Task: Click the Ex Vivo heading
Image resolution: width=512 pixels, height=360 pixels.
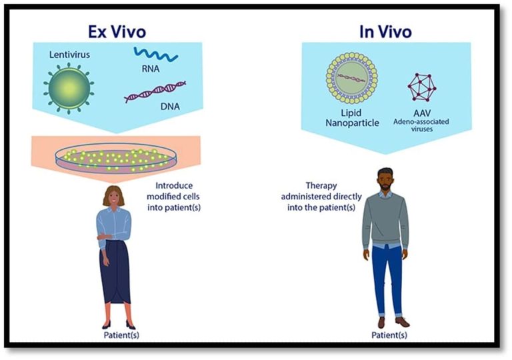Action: (117, 32)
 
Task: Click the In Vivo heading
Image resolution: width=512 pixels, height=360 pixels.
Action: (385, 32)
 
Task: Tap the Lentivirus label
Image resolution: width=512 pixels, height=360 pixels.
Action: (69, 54)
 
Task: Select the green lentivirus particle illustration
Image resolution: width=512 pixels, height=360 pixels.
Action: (69, 88)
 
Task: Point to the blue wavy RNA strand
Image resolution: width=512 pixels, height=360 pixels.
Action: (156, 54)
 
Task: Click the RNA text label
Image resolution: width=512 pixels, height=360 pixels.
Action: (151, 69)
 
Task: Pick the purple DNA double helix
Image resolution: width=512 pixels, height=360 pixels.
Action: (155, 92)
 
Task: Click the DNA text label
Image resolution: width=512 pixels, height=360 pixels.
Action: (170, 106)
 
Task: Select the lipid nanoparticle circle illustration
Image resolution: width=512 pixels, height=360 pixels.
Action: (352, 77)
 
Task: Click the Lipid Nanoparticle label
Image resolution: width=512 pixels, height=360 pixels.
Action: (352, 118)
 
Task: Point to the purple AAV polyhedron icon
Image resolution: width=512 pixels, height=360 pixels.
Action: (421, 87)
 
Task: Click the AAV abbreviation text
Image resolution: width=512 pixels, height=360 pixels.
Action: (422, 113)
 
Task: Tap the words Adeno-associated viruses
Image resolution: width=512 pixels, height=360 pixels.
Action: (421, 125)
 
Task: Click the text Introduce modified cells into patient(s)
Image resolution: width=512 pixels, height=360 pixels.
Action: (174, 197)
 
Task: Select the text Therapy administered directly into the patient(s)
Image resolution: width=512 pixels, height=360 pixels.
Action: (321, 197)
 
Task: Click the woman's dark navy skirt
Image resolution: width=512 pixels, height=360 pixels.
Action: (115, 272)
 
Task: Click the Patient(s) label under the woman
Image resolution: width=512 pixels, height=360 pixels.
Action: (121, 335)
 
